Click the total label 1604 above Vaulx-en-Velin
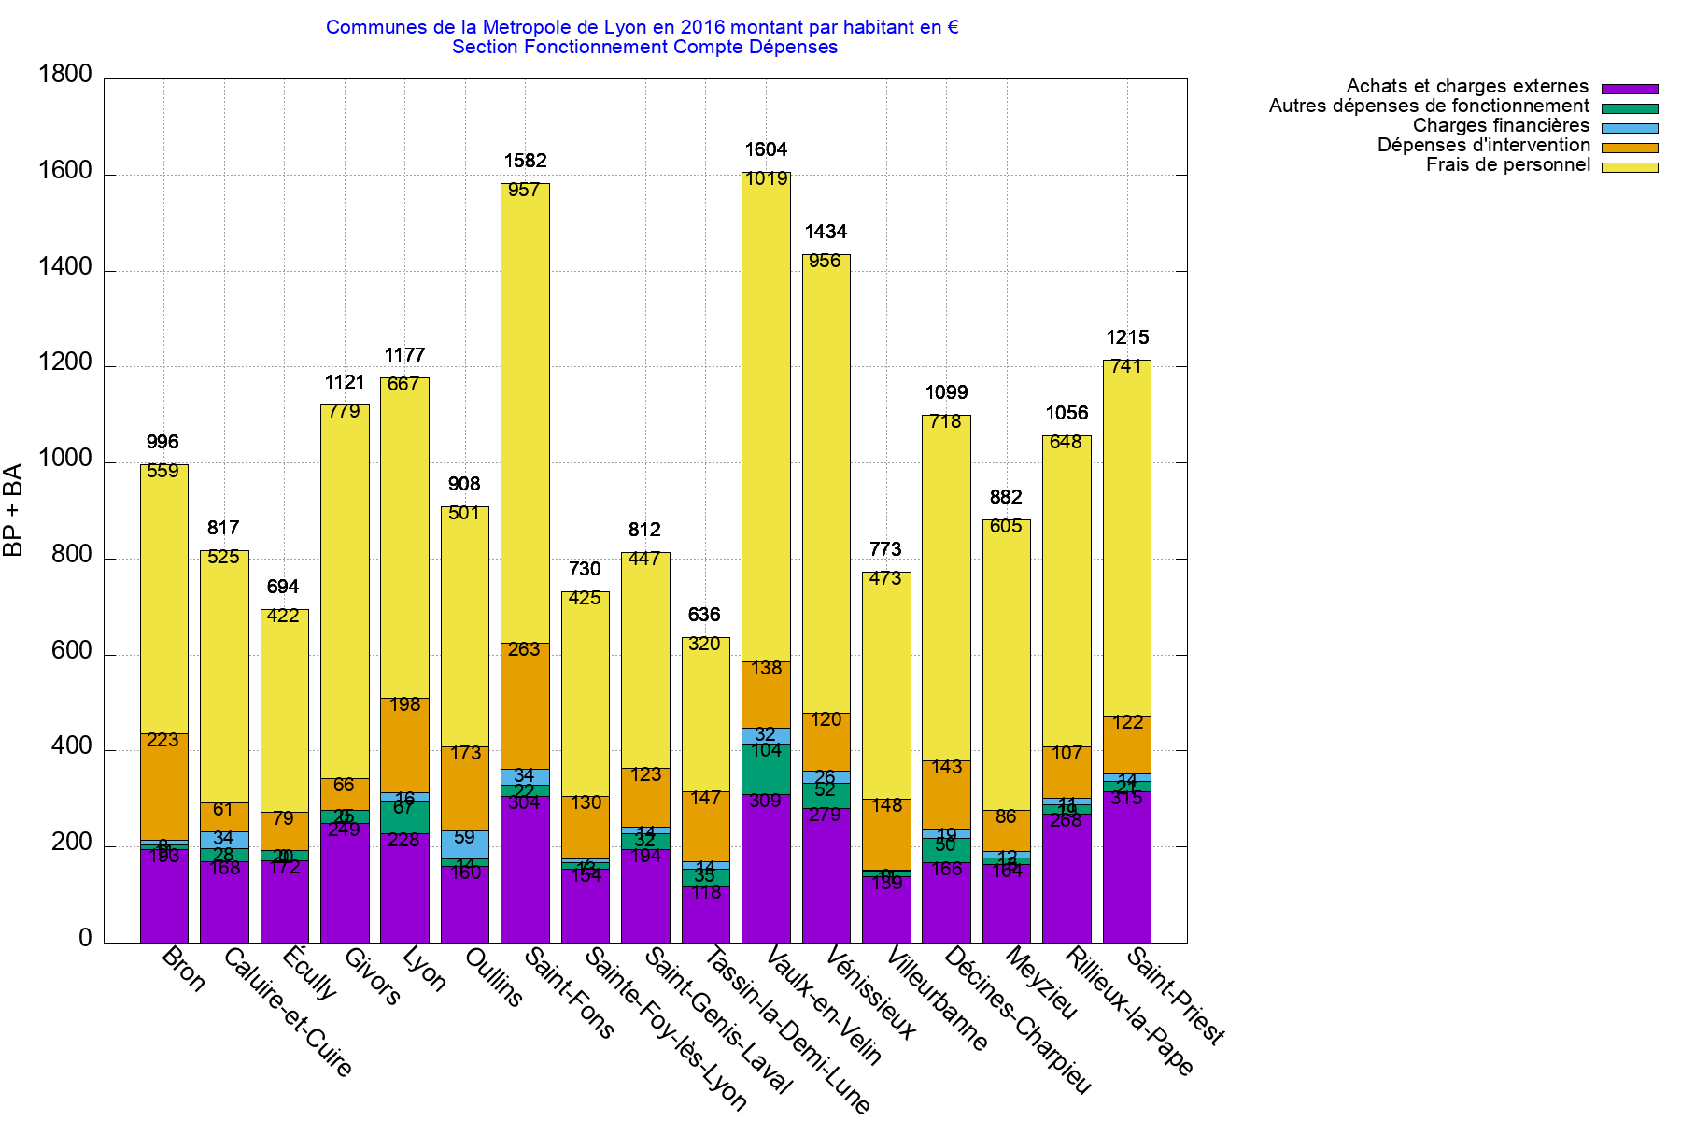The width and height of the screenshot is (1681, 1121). click(x=766, y=149)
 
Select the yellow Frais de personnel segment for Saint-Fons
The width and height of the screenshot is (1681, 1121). click(x=525, y=411)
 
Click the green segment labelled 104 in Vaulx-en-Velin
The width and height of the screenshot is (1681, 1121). click(x=766, y=769)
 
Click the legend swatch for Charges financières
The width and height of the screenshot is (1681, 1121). click(x=1630, y=128)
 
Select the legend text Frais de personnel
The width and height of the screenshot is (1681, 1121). click(x=1507, y=165)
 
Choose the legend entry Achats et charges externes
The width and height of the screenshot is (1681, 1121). click(x=1466, y=87)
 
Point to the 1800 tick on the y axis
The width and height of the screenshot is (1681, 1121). click(x=65, y=75)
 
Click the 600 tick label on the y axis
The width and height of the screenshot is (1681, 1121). click(x=72, y=651)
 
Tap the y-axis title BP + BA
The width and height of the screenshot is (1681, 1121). click(x=13, y=510)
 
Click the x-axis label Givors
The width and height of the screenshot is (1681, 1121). click(x=372, y=976)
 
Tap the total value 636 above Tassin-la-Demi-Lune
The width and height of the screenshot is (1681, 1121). click(x=704, y=615)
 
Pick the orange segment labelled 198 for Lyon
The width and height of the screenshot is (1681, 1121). click(x=404, y=745)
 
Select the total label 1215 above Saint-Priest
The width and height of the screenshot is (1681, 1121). click(x=1127, y=337)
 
